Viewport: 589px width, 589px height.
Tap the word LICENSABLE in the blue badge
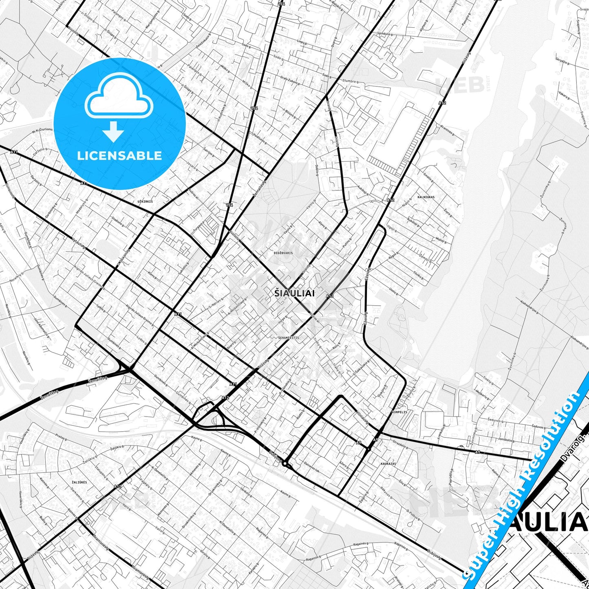point(119,155)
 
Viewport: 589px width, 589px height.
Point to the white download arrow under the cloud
point(113,131)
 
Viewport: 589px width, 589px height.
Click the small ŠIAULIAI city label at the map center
point(294,293)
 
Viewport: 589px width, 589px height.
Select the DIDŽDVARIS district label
point(283,253)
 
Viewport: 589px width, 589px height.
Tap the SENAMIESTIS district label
point(289,338)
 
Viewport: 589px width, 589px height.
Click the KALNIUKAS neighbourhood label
point(426,197)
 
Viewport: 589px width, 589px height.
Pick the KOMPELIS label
point(399,412)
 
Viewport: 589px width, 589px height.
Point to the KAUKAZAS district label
point(388,464)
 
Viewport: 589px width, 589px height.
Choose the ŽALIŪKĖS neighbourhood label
point(79,482)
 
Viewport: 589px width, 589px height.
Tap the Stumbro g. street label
point(350,81)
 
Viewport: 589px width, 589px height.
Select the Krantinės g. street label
point(447,130)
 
